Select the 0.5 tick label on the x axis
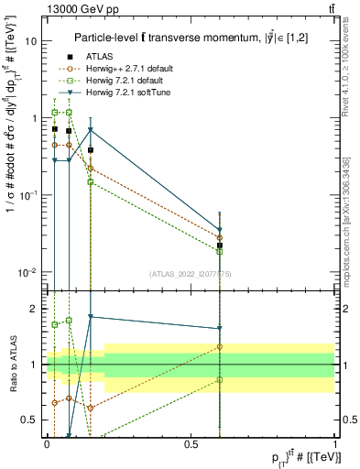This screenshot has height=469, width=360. pos(191,444)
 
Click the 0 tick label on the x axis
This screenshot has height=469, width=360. pos(47,444)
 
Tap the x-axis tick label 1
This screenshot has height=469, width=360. pos(335,444)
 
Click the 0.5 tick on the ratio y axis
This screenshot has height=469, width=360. pos(31,420)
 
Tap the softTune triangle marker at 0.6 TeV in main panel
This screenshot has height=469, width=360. pos(220,231)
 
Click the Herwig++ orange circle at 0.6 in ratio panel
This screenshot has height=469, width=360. pos(220,346)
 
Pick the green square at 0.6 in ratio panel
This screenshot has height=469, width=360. pos(220,379)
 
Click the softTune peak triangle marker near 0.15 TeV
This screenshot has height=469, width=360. pos(91,129)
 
